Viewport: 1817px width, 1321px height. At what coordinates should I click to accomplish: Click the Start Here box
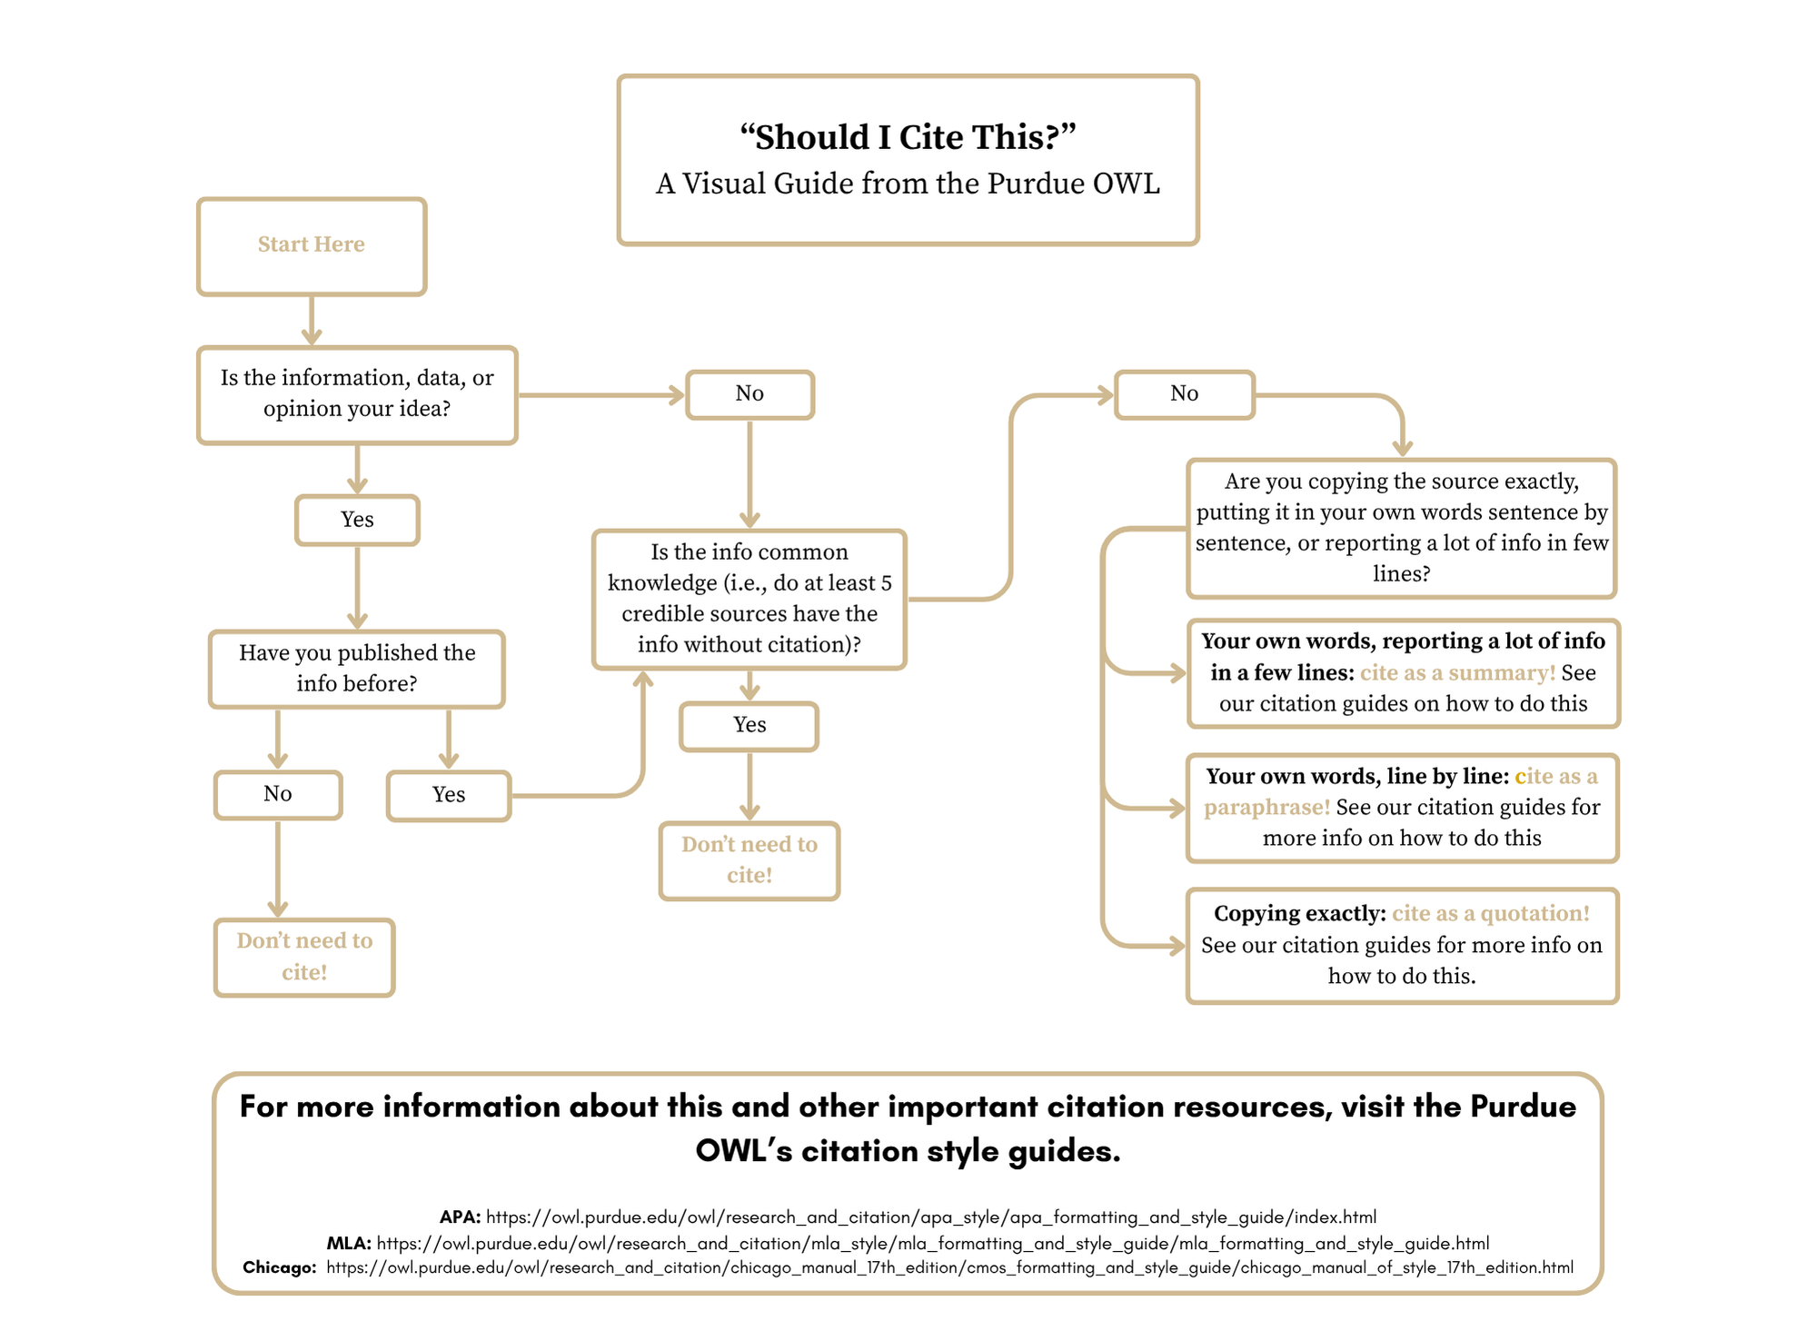312,246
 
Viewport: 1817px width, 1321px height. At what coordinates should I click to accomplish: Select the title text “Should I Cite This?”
907,137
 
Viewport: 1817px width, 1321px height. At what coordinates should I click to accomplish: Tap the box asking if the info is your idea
357,394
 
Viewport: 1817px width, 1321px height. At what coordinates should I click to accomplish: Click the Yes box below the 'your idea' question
357,520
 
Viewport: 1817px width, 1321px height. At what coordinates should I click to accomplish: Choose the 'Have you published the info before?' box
357,669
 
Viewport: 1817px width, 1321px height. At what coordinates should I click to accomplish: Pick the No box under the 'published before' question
278,795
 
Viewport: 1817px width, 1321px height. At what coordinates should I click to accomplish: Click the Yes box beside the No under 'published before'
449,796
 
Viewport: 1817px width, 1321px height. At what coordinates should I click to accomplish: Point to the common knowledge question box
750,599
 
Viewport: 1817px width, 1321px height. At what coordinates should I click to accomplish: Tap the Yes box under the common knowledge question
750,726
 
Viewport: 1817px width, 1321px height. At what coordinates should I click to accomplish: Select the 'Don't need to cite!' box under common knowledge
750,860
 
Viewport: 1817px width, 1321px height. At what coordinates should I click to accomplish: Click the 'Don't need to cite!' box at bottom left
304,957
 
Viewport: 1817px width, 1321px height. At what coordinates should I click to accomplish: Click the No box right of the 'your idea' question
750,394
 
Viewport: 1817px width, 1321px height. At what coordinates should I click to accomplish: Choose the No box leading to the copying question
1184,394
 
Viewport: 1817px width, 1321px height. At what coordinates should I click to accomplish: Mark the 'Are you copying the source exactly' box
1401,528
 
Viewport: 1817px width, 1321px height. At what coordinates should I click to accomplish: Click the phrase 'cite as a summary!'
1457,673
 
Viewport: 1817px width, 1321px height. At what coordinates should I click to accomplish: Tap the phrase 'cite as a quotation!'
1491,914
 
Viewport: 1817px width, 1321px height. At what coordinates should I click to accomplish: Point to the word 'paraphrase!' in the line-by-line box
1266,808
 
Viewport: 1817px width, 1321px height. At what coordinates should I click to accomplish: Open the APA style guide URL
931,1217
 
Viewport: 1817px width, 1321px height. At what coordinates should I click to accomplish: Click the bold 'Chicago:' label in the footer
279,1268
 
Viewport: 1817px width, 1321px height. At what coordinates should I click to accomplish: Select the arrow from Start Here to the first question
312,321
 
